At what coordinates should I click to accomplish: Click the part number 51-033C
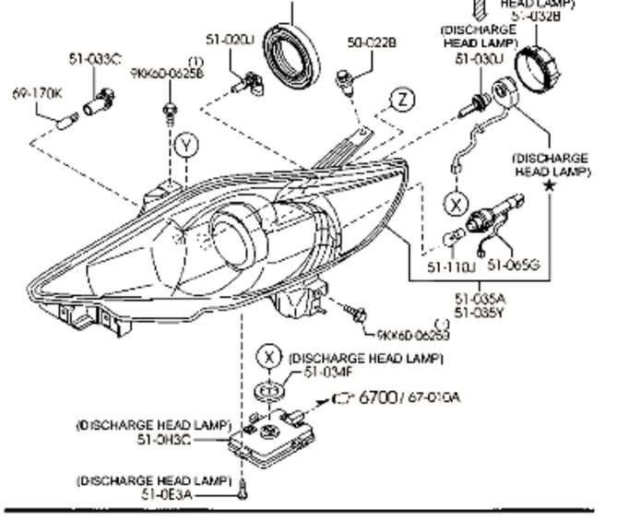pos(94,59)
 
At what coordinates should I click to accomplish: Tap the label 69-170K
pos(36,93)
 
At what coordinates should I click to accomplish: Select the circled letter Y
pos(186,146)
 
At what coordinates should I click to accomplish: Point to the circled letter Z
pos(401,100)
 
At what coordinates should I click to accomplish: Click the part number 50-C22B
pos(372,42)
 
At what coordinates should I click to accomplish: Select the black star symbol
pos(550,185)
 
